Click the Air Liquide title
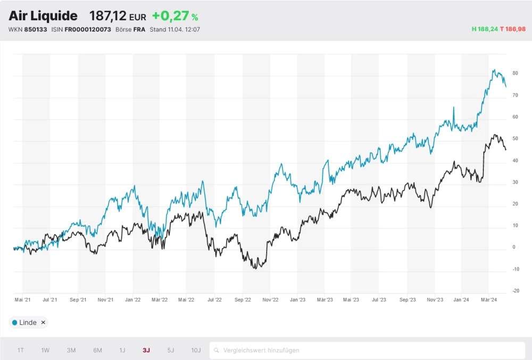click(x=43, y=16)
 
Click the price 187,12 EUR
click(x=117, y=16)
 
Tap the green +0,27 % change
click(x=175, y=16)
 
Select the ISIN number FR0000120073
click(x=88, y=29)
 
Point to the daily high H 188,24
click(x=485, y=29)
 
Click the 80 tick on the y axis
click(x=515, y=73)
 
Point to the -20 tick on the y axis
click(x=515, y=291)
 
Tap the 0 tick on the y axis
click(x=514, y=247)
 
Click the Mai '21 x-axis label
click(x=22, y=300)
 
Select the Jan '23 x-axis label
click(x=297, y=300)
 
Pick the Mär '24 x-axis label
click(x=489, y=300)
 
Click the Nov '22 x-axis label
click(x=270, y=300)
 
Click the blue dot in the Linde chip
click(x=14, y=323)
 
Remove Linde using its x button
click(x=43, y=323)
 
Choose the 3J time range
click(x=146, y=350)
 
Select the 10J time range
click(x=196, y=350)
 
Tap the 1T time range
click(x=20, y=350)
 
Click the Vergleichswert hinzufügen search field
click(x=367, y=350)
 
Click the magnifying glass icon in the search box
click(x=217, y=350)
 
